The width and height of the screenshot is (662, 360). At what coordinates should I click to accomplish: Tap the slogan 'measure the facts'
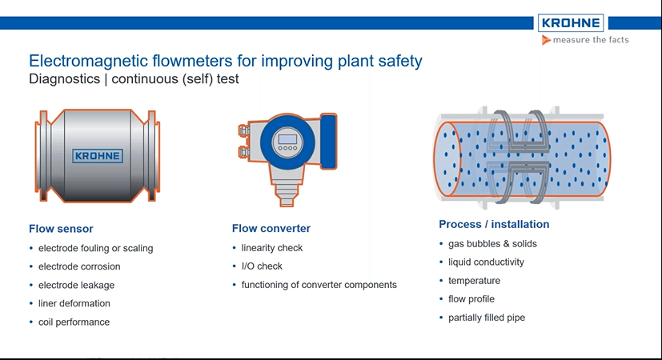585,40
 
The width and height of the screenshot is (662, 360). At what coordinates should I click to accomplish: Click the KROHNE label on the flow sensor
98,155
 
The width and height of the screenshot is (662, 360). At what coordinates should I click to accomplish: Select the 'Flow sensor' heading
61,229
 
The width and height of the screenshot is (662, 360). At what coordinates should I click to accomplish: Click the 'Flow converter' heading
271,229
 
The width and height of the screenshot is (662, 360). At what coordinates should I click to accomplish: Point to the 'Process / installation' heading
494,224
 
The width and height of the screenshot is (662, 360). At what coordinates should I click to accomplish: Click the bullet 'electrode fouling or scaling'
95,248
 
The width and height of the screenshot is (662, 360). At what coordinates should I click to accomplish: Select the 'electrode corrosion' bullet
79,266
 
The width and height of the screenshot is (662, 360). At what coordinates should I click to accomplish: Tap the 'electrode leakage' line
76,285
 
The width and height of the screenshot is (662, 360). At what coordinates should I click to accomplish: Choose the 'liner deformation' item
74,303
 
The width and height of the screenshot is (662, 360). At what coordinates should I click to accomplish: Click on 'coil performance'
74,322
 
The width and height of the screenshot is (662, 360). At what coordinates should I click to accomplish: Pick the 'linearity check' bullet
272,248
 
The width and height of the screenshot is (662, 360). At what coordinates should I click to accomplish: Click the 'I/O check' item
262,266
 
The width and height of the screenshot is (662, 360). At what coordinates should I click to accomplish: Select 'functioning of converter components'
319,285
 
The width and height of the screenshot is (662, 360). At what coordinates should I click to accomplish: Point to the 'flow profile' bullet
471,299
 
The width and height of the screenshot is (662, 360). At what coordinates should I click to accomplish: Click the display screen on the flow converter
286,141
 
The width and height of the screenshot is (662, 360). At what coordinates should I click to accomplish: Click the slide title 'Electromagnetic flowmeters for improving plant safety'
225,61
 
